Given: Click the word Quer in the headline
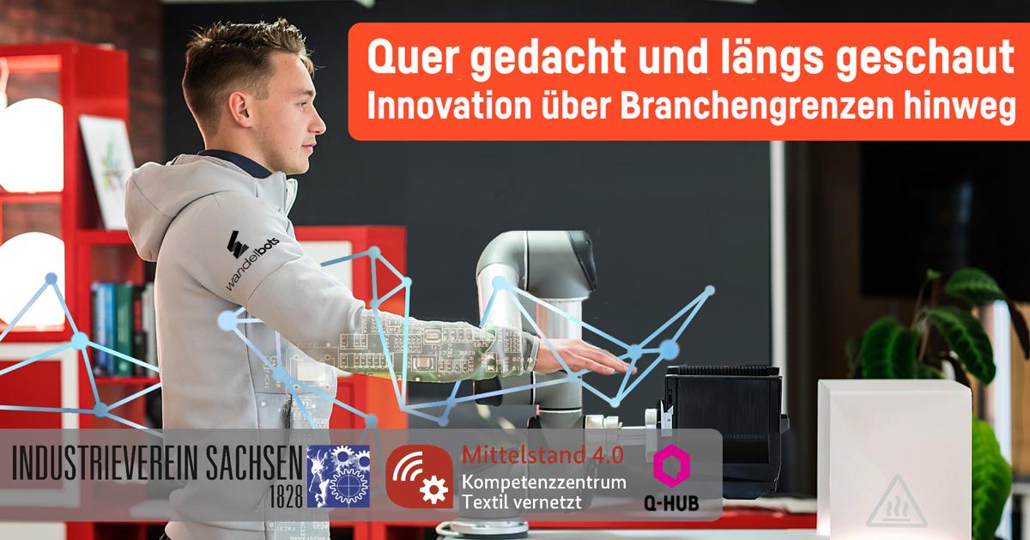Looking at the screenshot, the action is pos(414,58).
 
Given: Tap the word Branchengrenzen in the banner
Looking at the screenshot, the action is pos(756,106).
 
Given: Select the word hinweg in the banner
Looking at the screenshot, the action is pos(960,107).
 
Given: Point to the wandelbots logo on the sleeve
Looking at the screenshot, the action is pos(251,259).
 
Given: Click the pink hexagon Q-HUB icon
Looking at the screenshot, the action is pos(671,465).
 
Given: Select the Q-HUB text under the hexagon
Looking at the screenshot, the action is pos(671,503).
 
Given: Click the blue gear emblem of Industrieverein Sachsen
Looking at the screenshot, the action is pos(338,476).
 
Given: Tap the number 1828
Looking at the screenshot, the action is pos(286,496).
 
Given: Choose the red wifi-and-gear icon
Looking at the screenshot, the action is pos(420,476).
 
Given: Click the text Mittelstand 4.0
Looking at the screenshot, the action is pos(542,455).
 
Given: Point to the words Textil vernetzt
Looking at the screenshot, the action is pos(522,502).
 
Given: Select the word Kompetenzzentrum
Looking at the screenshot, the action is pos(543,482).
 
